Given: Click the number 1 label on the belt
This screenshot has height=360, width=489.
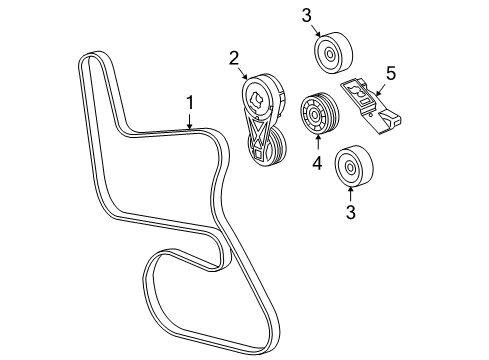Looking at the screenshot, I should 188,102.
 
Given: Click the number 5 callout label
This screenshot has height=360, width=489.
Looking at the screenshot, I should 391,72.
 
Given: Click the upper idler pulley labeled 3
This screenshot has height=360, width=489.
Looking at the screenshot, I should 331,53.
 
